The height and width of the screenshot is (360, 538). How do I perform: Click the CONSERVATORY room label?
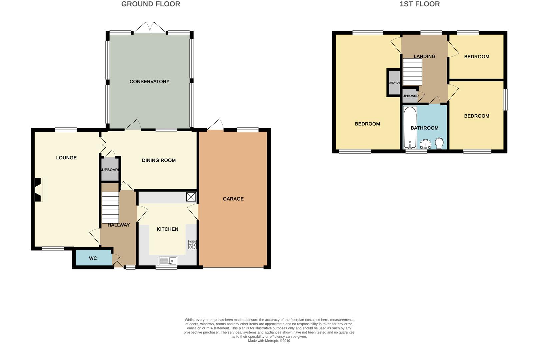(x=149, y=82)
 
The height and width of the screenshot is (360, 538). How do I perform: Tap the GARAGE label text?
(x=233, y=199)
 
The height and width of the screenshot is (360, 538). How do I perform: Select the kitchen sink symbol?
(x=168, y=261)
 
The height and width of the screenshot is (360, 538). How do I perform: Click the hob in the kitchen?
(x=192, y=245)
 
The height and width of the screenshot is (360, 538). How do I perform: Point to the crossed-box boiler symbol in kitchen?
(x=191, y=197)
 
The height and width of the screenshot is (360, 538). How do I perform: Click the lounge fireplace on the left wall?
(x=38, y=190)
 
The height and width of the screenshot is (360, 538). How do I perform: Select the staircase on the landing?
(x=412, y=72)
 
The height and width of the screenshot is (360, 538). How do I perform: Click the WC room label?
(x=93, y=258)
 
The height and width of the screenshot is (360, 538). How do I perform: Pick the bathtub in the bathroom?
(x=410, y=127)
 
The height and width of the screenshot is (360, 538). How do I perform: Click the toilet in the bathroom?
(x=439, y=144)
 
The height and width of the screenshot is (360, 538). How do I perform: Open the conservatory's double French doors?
(x=150, y=28)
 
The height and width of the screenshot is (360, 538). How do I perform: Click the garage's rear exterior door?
(x=215, y=125)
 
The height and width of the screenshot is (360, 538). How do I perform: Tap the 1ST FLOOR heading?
(x=419, y=4)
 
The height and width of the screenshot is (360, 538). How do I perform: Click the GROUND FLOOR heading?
(x=151, y=4)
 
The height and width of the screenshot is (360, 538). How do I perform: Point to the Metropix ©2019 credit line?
(x=269, y=341)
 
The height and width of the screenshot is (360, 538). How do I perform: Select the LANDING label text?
(x=424, y=57)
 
